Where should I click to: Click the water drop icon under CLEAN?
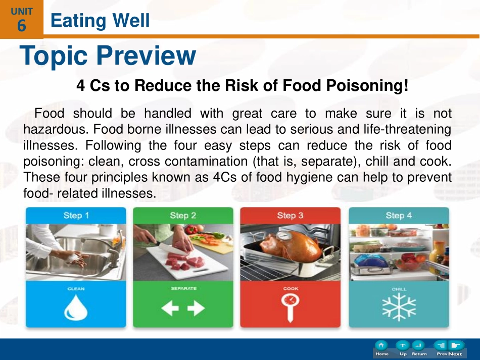[x=76, y=308]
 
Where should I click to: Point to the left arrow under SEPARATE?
[x=170, y=308]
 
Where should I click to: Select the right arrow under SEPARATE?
[x=196, y=308]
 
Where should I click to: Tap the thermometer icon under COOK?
[x=290, y=307]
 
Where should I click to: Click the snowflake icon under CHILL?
[x=399, y=307]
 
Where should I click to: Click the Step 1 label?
[x=76, y=216]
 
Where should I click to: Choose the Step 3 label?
[x=290, y=216]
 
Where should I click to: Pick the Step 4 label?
[x=399, y=216]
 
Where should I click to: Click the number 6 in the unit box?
[x=21, y=25]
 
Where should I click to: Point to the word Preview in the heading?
[x=146, y=56]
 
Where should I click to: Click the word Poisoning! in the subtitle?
[x=367, y=85]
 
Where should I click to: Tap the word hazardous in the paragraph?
[x=56, y=129]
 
